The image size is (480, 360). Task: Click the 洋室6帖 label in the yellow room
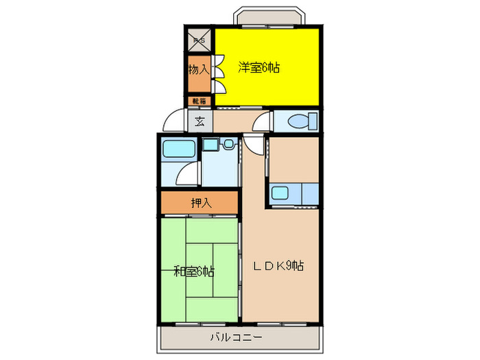(x=260, y=68)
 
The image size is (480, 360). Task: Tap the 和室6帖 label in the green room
(x=193, y=272)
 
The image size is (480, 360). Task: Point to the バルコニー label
(x=237, y=337)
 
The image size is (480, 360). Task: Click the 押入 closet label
(x=200, y=202)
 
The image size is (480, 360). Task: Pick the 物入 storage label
(x=199, y=69)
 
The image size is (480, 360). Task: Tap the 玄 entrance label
(x=200, y=122)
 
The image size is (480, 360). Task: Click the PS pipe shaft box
(x=200, y=40)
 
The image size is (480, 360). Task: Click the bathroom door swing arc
(x=188, y=176)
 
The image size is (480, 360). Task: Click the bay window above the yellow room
(x=267, y=17)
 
